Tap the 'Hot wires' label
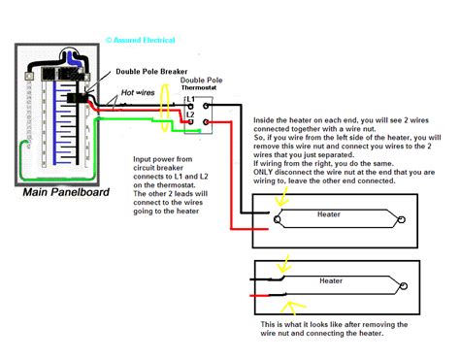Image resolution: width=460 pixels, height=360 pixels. tap(138, 95)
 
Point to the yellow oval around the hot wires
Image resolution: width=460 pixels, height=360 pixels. tap(165, 106)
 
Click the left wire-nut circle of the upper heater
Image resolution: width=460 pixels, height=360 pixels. tap(279, 220)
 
